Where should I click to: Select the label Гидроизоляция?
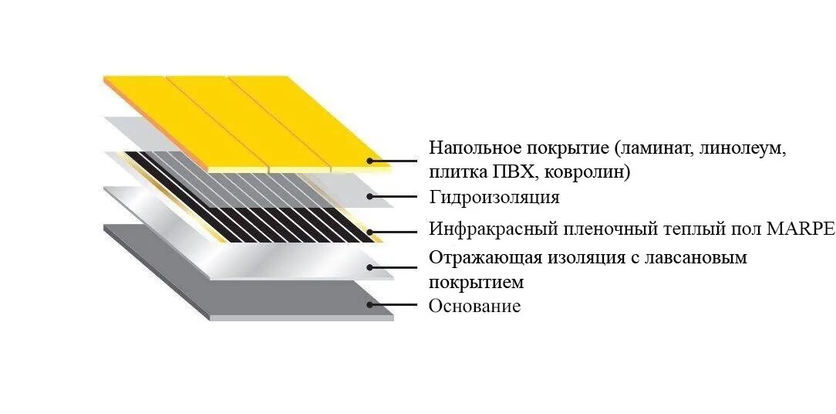click(494, 197)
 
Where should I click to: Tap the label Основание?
click(474, 306)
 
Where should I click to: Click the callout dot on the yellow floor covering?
click(370, 161)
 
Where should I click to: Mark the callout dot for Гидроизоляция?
click(370, 196)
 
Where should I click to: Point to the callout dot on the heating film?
click(370, 231)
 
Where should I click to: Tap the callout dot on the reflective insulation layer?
click(370, 267)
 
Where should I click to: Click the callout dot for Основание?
click(370, 305)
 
